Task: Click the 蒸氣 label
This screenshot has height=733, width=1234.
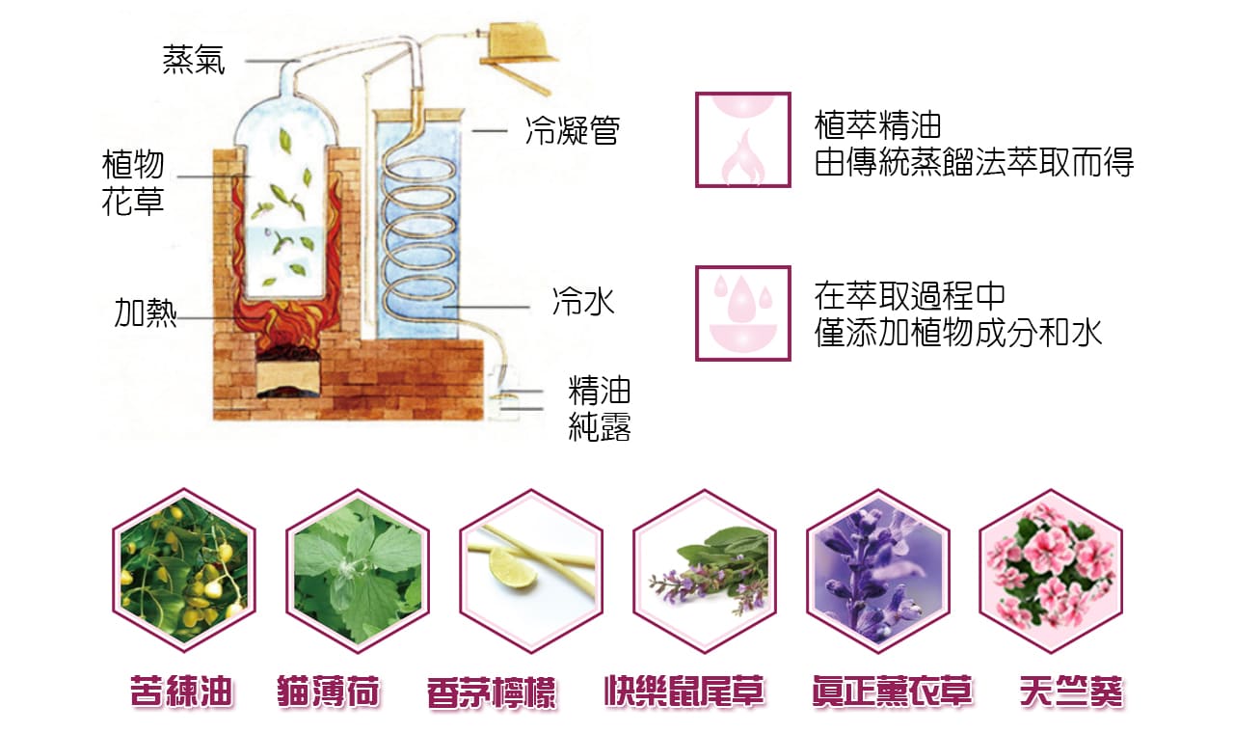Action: click(194, 61)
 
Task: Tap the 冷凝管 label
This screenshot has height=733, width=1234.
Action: click(572, 130)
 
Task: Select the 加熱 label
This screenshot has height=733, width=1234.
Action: click(146, 313)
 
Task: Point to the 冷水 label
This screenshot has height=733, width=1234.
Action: click(583, 302)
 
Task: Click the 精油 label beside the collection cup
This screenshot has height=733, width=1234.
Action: click(600, 392)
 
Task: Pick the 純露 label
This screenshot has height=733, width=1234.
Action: click(600, 427)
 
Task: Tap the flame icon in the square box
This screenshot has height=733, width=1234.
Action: click(743, 140)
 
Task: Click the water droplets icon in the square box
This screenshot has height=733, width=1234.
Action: click(743, 313)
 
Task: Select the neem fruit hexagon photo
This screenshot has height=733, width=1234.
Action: click(184, 571)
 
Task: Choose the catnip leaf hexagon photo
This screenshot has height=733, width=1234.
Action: click(358, 571)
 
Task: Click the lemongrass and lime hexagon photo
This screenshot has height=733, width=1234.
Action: click(531, 571)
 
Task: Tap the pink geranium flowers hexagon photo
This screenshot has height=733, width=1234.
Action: click(1051, 571)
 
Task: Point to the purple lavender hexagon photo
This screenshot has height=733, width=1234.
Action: click(878, 571)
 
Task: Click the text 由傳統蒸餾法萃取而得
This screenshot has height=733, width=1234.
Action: click(974, 163)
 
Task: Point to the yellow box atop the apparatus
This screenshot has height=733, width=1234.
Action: click(517, 44)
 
